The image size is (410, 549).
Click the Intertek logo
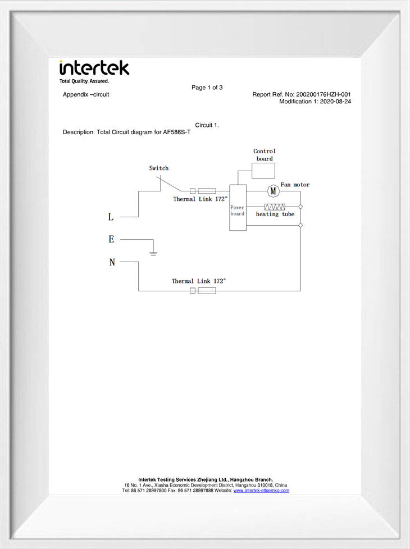coord(94,72)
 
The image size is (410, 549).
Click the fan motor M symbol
coord(274,191)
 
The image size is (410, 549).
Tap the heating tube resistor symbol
coord(275,207)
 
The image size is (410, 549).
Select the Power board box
coord(238,208)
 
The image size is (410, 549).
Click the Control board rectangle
coord(263,171)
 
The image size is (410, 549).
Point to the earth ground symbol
coord(153,253)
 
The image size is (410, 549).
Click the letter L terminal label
coord(111,217)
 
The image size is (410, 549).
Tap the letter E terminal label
coord(111,239)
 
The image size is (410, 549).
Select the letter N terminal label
coord(112,262)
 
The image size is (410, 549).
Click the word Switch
coord(159,168)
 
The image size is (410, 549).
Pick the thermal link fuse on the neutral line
coord(203,291)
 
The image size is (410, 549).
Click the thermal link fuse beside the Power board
coord(203,191)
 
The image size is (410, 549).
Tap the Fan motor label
coord(295,185)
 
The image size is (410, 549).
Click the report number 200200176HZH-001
coord(324,94)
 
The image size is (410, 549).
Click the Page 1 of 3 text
coord(207,88)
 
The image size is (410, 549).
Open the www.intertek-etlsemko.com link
coord(261,491)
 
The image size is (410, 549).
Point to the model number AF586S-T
coord(177,132)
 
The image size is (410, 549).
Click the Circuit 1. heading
coord(207,125)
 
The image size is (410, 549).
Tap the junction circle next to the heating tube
coord(300,207)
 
